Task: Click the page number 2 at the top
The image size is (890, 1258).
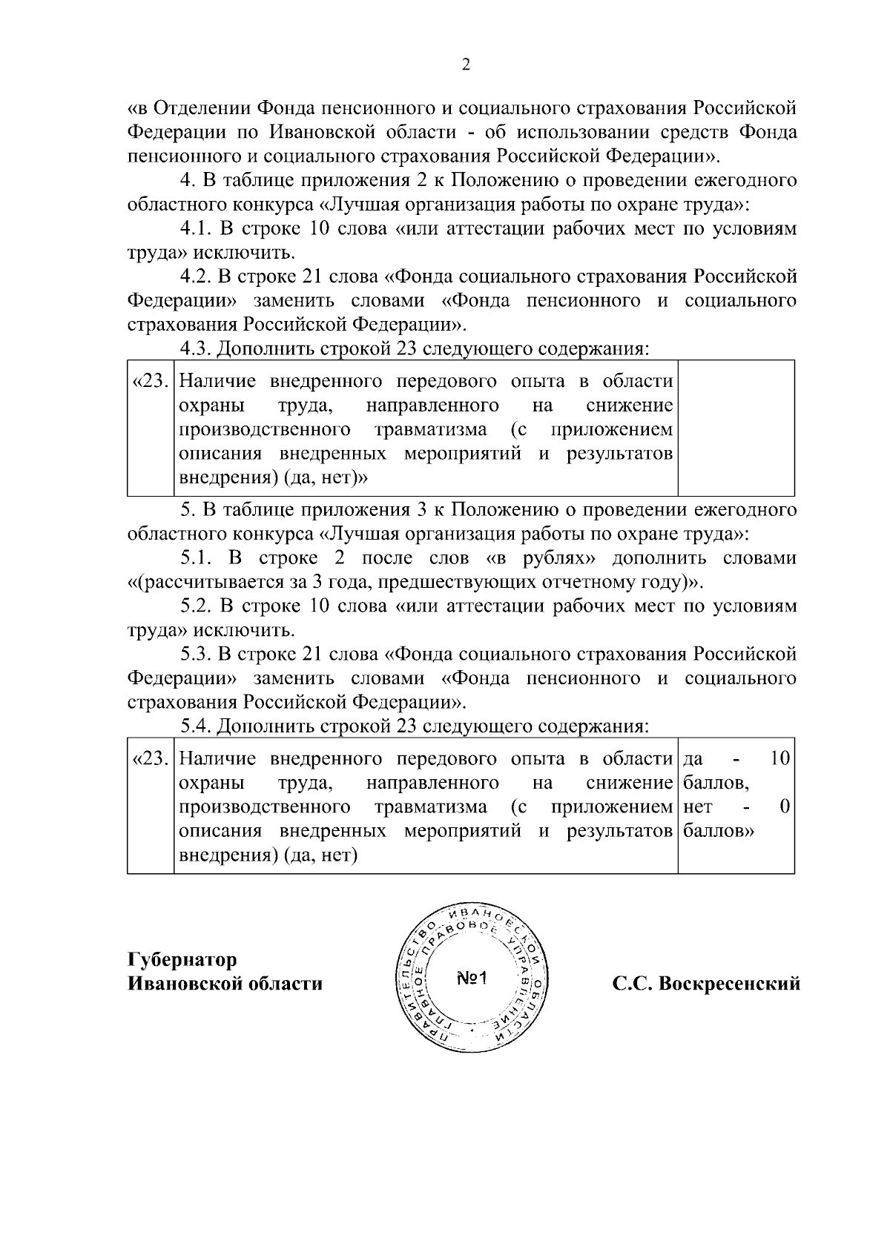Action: pyautogui.click(x=466, y=65)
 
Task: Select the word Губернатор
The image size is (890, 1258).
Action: pyautogui.click(x=182, y=960)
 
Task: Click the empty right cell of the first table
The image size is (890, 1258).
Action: pyautogui.click(x=736, y=428)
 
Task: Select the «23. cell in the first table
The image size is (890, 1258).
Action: pyautogui.click(x=151, y=382)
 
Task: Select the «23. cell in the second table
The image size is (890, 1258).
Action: pyautogui.click(x=151, y=759)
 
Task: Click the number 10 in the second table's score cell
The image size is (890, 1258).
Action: pyautogui.click(x=779, y=758)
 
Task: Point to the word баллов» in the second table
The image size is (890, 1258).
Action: pyautogui.click(x=719, y=831)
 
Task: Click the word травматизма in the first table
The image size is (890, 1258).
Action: pyautogui.click(x=430, y=430)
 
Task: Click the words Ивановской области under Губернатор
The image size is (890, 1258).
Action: pyautogui.click(x=225, y=984)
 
